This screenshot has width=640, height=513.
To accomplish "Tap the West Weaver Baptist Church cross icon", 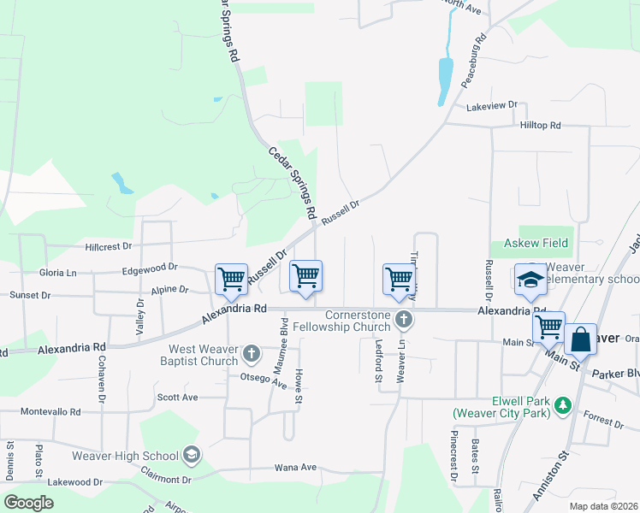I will (252, 353).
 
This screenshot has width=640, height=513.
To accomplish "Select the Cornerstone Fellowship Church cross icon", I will (405, 321).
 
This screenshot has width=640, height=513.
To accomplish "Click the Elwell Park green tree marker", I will (562, 404).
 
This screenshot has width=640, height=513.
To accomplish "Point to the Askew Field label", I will (536, 244).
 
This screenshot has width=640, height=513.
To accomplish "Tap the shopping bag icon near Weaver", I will (580, 339).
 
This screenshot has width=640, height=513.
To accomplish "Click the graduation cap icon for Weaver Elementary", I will (530, 280).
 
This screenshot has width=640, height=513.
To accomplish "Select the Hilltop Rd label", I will (540, 125).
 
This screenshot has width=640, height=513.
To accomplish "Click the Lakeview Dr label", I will (492, 105).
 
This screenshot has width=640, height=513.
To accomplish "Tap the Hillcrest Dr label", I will (109, 246).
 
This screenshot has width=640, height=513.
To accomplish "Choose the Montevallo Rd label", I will (50, 411).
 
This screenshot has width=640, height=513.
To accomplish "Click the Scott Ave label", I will (177, 397).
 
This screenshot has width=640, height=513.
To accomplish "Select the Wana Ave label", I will (295, 468).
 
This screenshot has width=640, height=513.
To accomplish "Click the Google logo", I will (28, 503).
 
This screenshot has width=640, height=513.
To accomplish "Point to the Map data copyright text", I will (604, 506).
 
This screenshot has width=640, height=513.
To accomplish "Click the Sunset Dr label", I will (29, 295).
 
